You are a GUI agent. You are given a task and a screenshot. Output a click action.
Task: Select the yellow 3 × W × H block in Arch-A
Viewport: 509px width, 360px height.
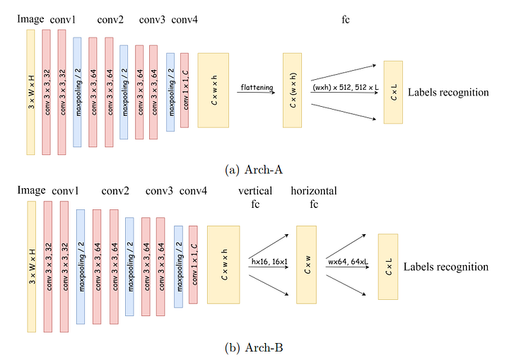coord(30,91)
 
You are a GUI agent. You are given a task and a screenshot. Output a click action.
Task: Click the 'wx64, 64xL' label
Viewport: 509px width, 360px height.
coord(346,262)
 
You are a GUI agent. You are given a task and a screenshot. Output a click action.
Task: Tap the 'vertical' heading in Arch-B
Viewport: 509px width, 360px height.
coord(255,191)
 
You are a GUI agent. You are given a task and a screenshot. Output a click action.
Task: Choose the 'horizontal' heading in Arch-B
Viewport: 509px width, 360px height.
coord(313,191)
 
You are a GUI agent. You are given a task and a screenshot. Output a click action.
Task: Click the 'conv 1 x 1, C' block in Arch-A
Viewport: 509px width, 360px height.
coord(185,91)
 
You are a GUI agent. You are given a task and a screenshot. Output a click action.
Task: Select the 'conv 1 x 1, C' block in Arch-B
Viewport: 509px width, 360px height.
coord(194,265)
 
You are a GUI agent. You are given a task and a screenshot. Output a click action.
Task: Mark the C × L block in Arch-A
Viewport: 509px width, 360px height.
coord(393,92)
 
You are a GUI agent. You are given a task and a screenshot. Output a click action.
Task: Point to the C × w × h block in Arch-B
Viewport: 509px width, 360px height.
coord(223,265)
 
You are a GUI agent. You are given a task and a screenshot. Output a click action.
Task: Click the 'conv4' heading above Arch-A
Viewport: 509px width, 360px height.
coord(185,19)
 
